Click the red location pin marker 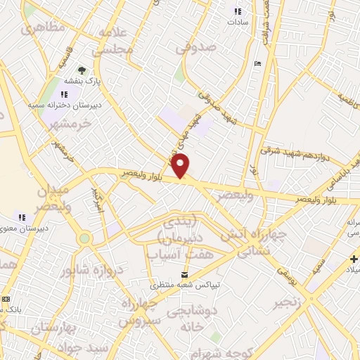pos(181,166)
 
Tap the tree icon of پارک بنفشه pos(82,70)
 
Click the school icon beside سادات pos(237,11)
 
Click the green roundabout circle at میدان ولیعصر pos(84,238)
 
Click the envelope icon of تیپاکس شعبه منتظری pos(185,274)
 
